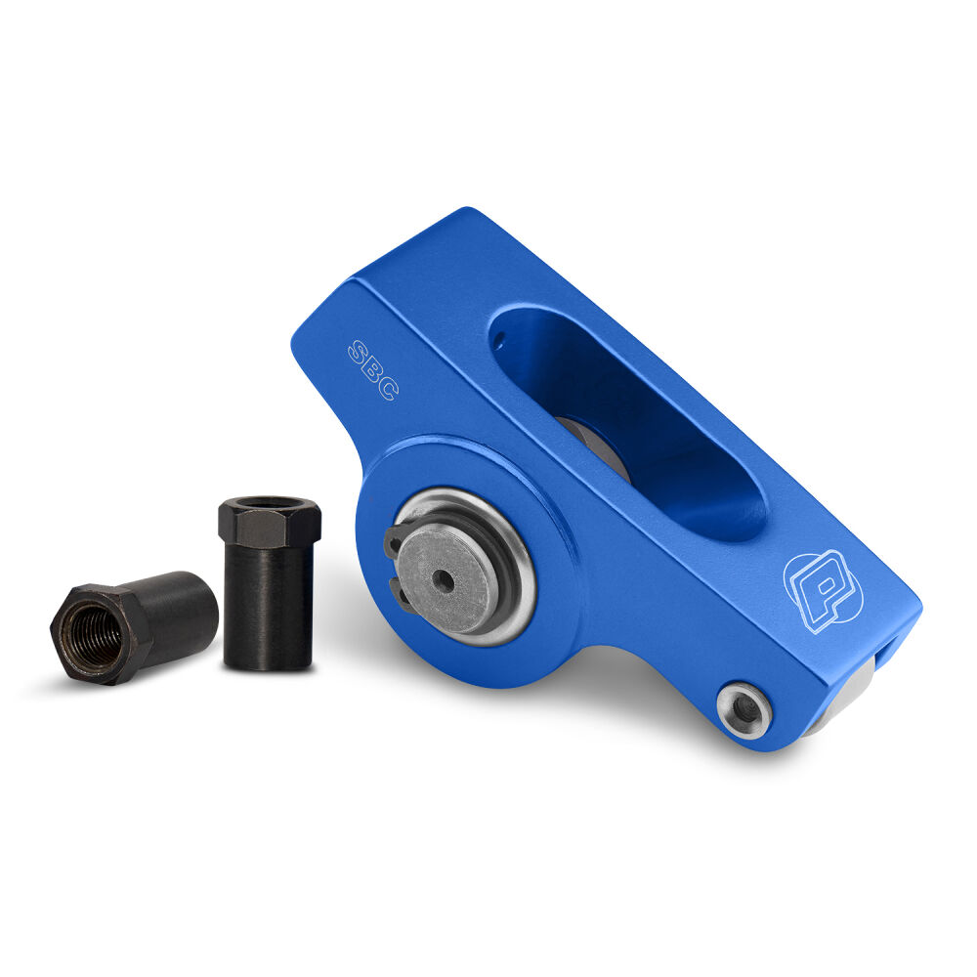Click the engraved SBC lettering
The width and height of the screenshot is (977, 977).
pos(372,369)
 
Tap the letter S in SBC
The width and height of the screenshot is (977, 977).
pos(358,352)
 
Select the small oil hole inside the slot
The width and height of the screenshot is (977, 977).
pos(498,340)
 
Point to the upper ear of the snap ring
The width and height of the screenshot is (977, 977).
pos(393,540)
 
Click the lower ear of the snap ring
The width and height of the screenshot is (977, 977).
pos(400,591)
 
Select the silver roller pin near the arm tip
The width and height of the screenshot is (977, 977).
pos(744,710)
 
